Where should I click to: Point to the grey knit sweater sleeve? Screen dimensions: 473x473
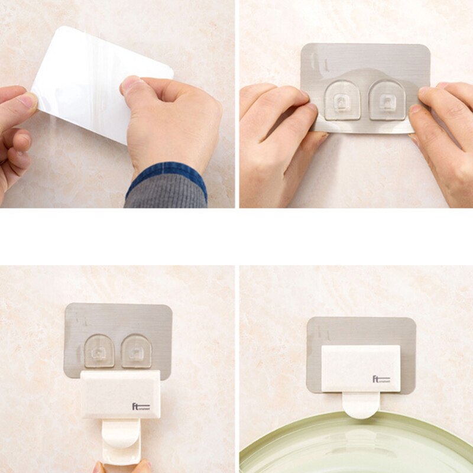coord(166,195)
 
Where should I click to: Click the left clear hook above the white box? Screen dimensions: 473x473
coord(99,351)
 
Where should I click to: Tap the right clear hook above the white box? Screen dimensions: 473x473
coord(137,351)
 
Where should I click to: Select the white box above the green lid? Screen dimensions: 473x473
coord(361,369)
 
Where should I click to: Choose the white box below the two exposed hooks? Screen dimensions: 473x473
coord(121,394)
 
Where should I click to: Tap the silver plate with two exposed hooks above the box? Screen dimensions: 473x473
coord(118,319)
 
